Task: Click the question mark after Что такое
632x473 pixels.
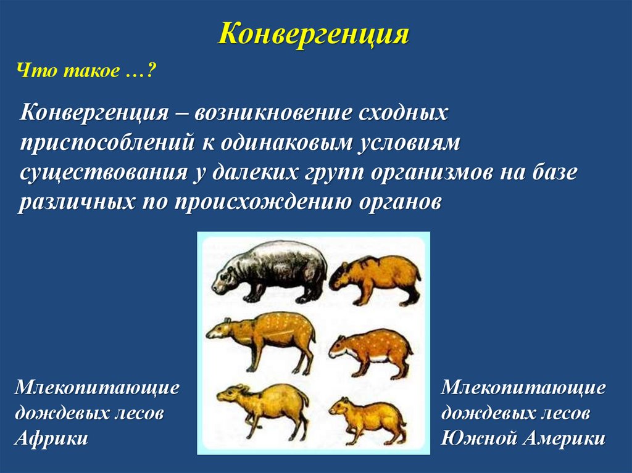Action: (152, 72)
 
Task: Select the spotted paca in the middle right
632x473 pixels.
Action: (370, 353)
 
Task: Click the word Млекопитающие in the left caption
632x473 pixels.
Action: (97, 389)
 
